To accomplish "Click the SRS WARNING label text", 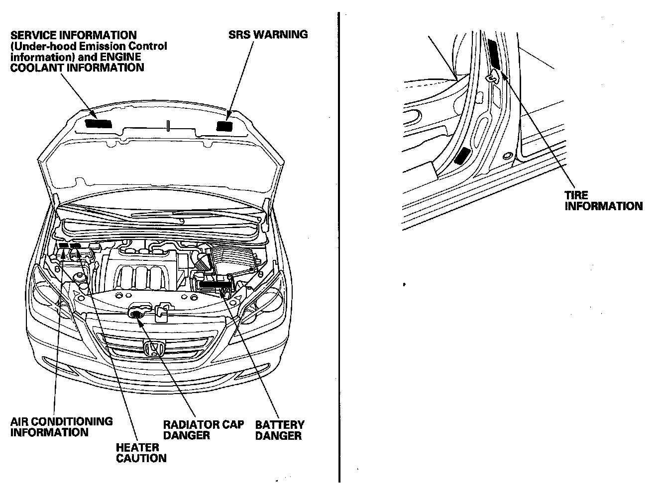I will click(268, 35).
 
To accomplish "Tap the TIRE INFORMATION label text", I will click(603, 201).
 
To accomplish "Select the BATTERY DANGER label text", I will click(279, 430).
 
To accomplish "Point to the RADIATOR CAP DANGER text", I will click(204, 430).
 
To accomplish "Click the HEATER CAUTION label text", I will click(141, 452).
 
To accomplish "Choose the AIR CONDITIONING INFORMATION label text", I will click(61, 426).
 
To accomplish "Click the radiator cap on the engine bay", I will click(136, 313).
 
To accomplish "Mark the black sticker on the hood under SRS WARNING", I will click(225, 126).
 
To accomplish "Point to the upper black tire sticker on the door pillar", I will click(495, 53).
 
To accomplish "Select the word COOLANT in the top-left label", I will click(33, 68).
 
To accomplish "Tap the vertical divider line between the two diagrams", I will click(339, 248).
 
